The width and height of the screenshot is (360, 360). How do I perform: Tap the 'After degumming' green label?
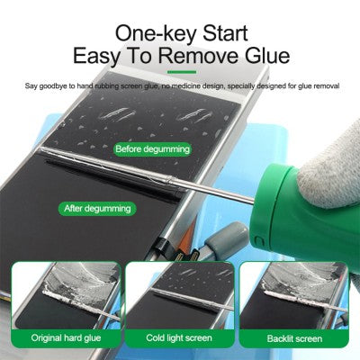(x=98, y=208)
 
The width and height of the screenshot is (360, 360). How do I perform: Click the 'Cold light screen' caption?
(x=180, y=337)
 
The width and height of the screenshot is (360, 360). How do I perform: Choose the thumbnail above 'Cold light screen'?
(x=180, y=292)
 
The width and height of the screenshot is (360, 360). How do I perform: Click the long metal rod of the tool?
(x=180, y=171)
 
